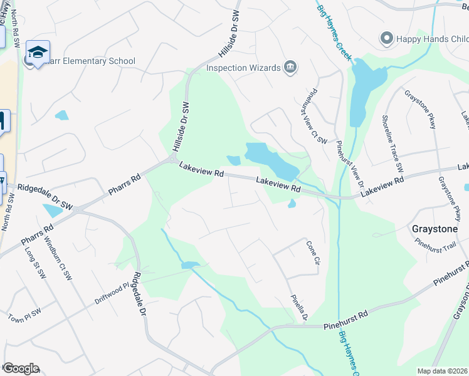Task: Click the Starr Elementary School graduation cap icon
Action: pos(38,53)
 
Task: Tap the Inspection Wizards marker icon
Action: pos(290,67)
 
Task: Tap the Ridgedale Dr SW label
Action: pos(45,187)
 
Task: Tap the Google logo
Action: pos(20,368)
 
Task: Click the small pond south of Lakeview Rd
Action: pos(292,204)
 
